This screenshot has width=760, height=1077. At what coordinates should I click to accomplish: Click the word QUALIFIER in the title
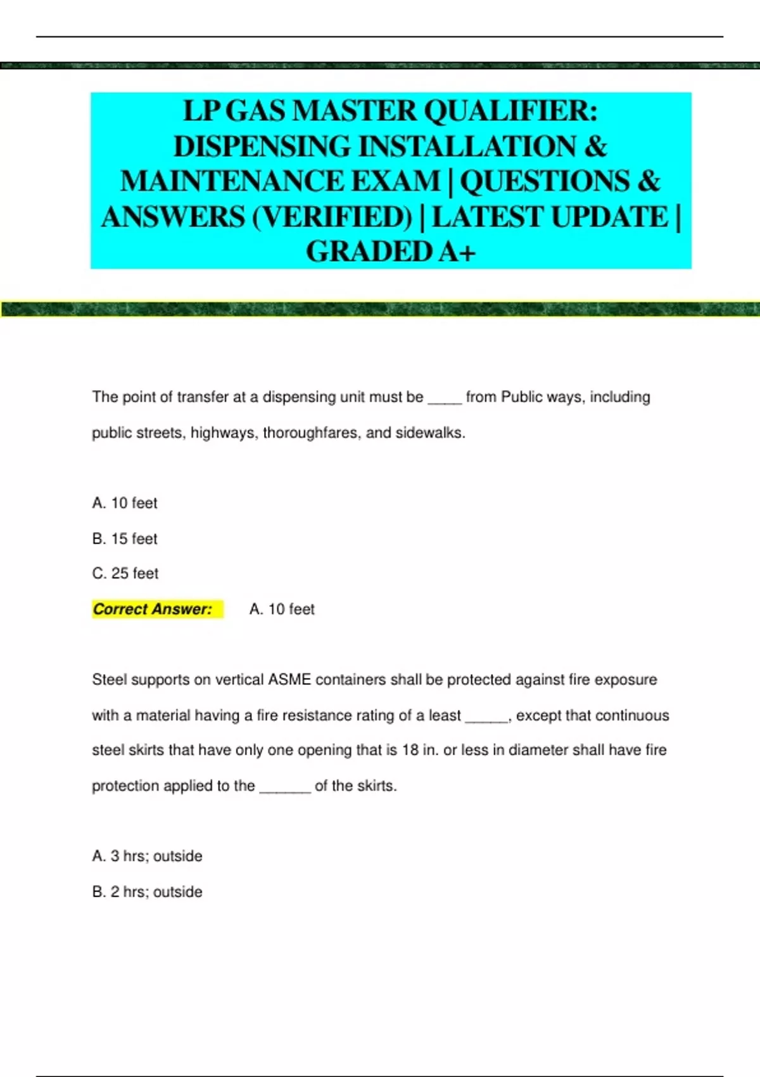510,112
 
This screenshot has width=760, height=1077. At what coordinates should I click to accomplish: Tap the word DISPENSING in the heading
262,147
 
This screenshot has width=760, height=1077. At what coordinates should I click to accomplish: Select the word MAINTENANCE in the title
279,182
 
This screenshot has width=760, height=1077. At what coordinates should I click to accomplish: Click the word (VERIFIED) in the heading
332,217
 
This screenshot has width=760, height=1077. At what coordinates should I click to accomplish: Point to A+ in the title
457,252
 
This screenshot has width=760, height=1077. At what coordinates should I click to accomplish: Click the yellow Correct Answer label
153,609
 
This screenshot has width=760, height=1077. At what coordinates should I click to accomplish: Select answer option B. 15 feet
125,538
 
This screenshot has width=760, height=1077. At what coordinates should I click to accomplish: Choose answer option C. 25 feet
125,573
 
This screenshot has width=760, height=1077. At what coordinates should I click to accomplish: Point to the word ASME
289,680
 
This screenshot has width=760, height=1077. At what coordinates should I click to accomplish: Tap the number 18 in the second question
410,750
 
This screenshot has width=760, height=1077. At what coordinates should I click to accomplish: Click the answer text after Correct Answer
282,609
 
